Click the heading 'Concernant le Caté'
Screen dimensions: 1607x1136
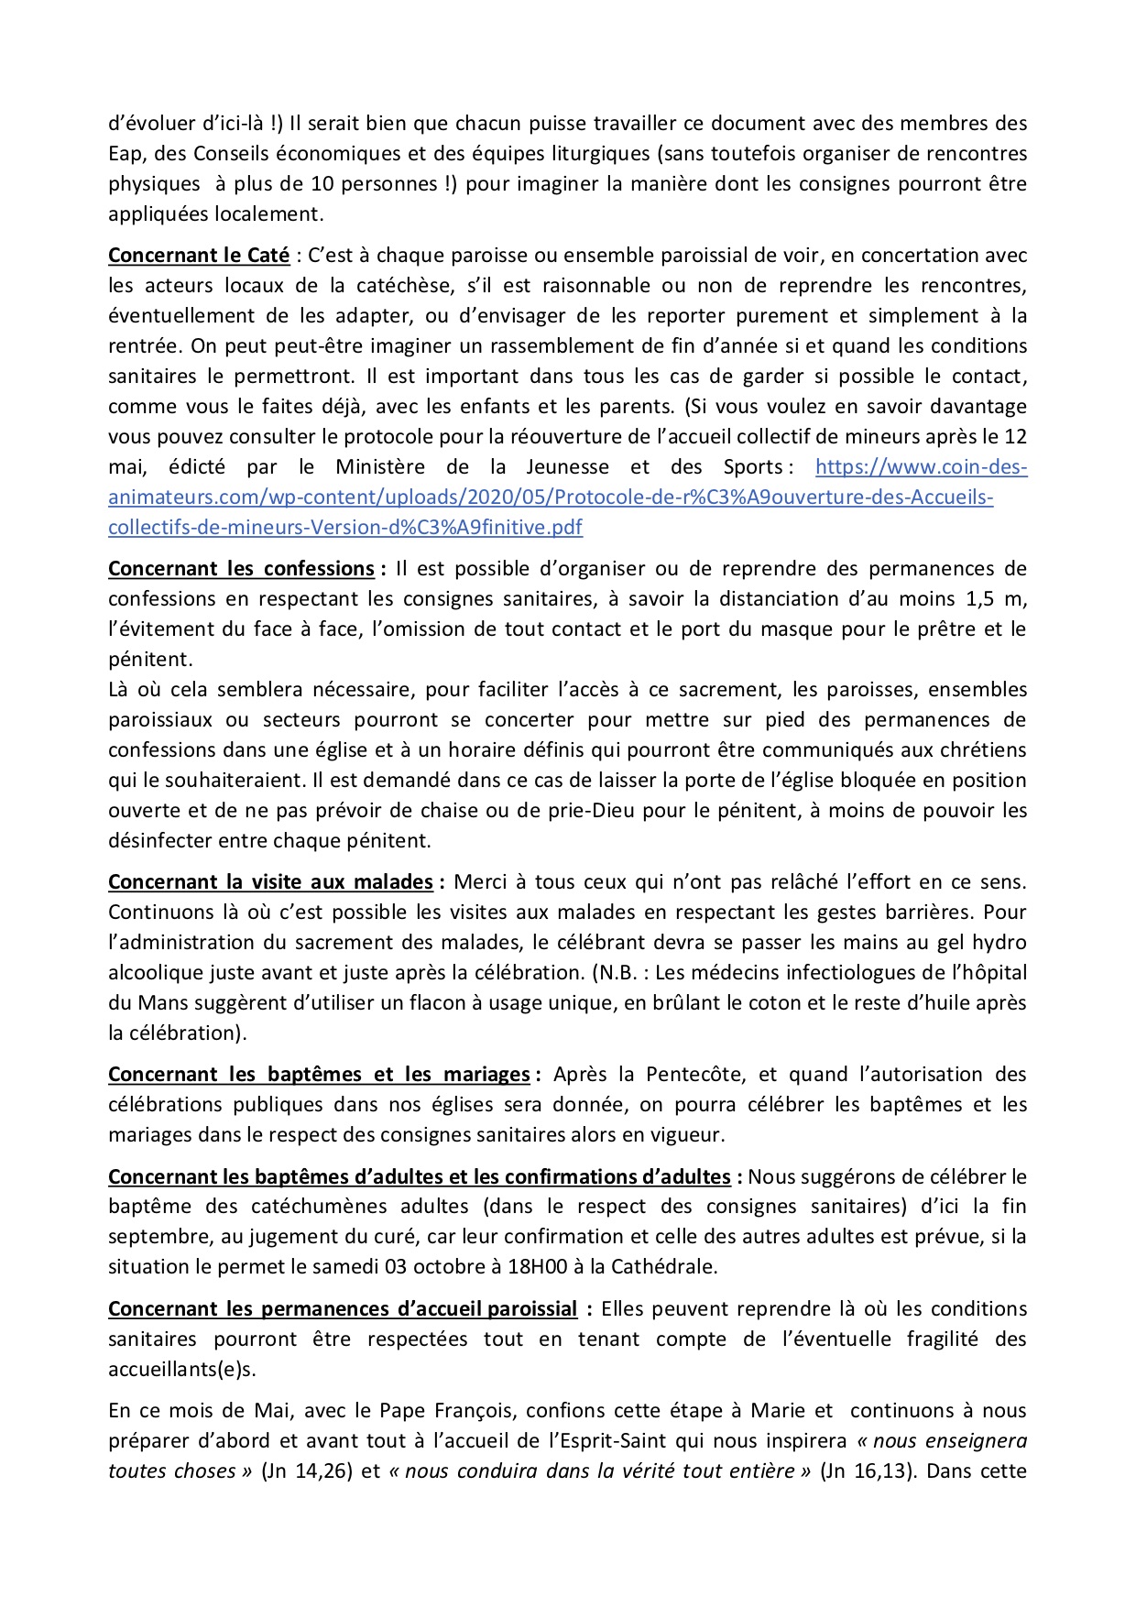pyautogui.click(x=199, y=256)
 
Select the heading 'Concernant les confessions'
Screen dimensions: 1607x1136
pyautogui.click(x=241, y=569)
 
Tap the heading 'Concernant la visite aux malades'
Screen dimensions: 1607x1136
pyautogui.click(x=270, y=882)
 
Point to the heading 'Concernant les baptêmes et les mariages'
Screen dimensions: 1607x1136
pyautogui.click(x=319, y=1075)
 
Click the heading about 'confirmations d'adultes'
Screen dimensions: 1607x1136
pyautogui.click(x=420, y=1176)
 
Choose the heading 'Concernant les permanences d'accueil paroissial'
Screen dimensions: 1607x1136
pyautogui.click(x=343, y=1309)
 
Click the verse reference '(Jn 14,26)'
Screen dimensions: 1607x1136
pyautogui.click(x=307, y=1471)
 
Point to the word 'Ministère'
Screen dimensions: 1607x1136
pyautogui.click(x=381, y=467)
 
